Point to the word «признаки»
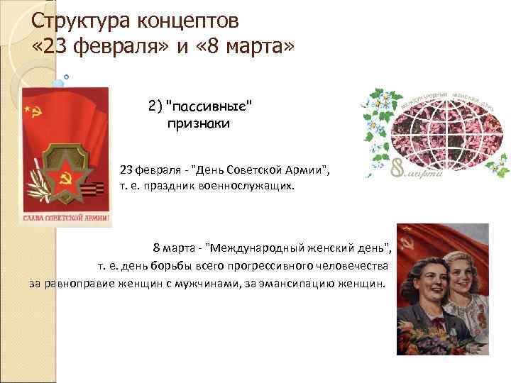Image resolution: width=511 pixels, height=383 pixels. [x=199, y=123]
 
